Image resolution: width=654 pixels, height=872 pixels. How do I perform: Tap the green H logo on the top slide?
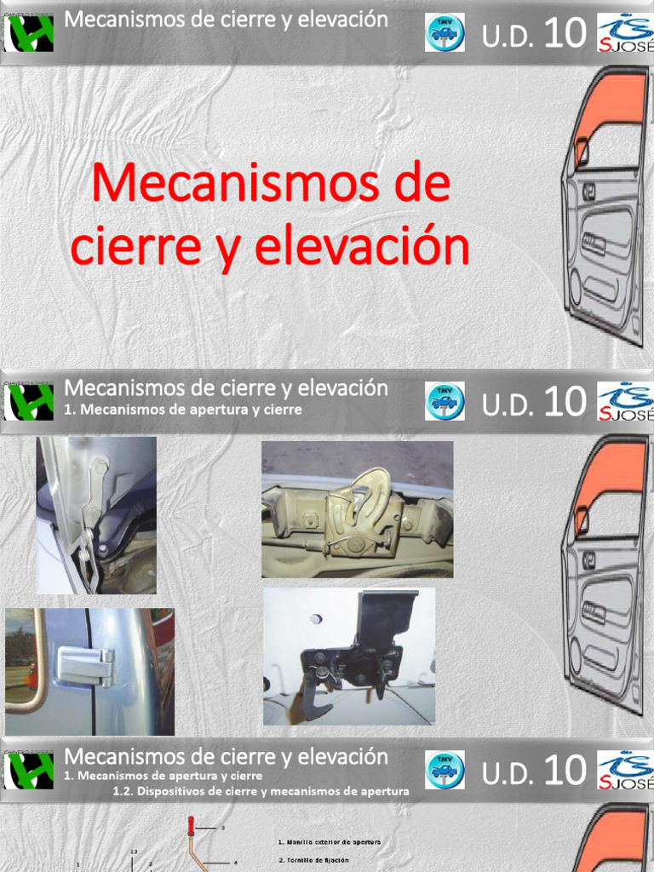tap(29, 35)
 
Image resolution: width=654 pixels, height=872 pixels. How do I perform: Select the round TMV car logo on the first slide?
tap(445, 33)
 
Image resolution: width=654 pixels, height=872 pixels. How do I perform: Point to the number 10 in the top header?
tap(564, 35)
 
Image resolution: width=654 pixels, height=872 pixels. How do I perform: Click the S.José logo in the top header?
tap(626, 33)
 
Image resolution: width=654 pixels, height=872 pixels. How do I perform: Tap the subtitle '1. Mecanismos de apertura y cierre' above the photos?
tap(183, 410)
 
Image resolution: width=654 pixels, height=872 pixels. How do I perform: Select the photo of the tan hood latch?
tap(357, 509)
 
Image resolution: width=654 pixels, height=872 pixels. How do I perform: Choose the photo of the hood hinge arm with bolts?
tap(95, 514)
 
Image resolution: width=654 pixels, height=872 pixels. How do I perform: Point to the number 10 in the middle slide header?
tap(564, 403)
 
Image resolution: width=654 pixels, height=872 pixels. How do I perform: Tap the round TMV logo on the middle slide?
tap(445, 401)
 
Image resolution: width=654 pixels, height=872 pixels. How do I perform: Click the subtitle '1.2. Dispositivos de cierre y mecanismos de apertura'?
tap(261, 791)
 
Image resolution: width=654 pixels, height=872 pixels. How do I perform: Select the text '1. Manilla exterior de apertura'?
tap(329, 841)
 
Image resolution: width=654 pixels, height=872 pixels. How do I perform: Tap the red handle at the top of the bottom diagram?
tap(191, 827)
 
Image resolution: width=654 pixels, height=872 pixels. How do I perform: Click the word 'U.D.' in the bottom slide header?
tap(508, 773)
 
